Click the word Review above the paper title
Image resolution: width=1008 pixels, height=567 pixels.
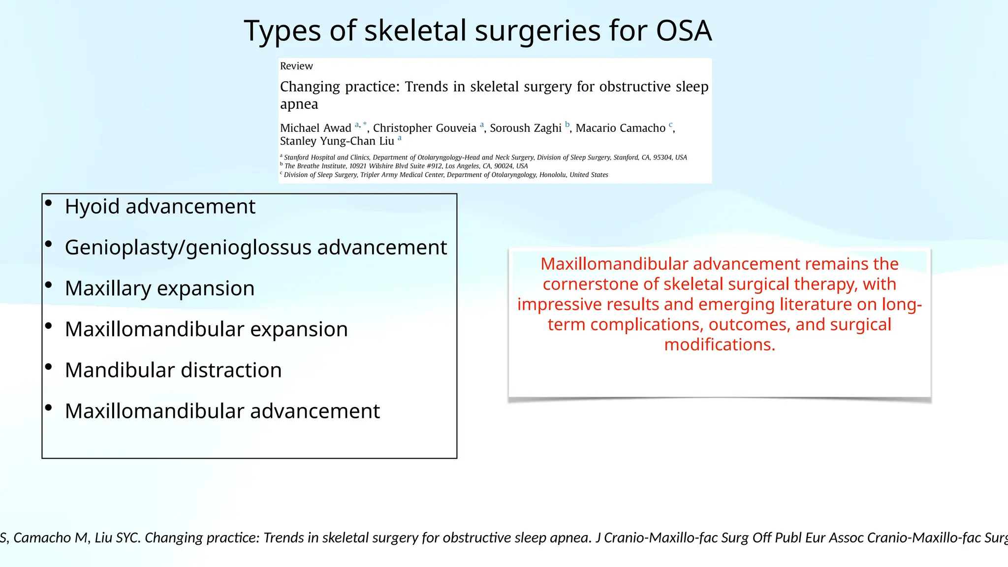pyautogui.click(x=296, y=66)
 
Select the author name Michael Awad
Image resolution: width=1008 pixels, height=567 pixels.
pyautogui.click(x=315, y=128)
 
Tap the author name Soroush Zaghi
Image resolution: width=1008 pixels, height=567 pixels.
pyautogui.click(x=525, y=128)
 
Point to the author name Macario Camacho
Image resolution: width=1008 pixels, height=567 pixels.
pyautogui.click(x=620, y=128)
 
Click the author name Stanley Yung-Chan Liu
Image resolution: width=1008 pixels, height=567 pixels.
pyautogui.click(x=337, y=141)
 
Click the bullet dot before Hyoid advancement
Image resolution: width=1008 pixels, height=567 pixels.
pyautogui.click(x=48, y=203)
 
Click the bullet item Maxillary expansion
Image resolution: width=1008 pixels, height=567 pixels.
pyautogui.click(x=159, y=288)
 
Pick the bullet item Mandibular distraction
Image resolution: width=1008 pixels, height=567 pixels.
pyautogui.click(x=173, y=370)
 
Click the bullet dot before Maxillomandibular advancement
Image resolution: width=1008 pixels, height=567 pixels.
pyautogui.click(x=48, y=408)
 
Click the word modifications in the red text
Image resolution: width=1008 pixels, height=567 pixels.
pyautogui.click(x=719, y=345)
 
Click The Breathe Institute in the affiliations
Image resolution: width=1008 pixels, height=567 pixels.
pyautogui.click(x=315, y=166)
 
